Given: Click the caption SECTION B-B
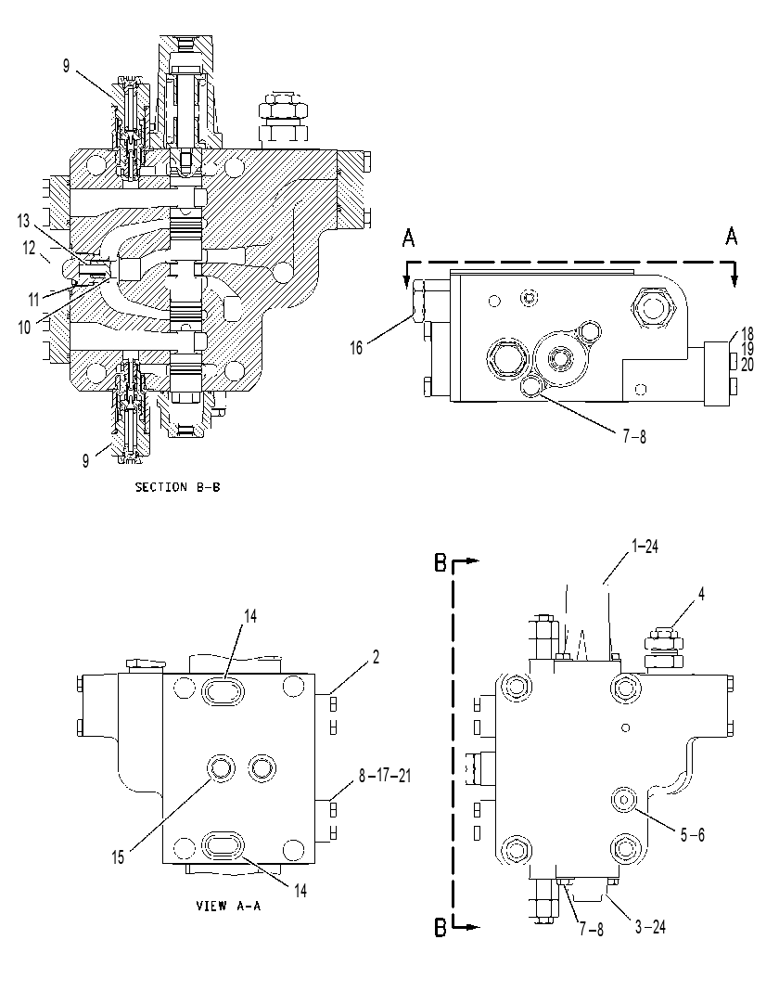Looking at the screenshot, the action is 177,487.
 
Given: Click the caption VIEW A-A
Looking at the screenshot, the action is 228,906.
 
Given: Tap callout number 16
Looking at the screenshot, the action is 356,348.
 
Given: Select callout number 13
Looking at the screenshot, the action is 24,222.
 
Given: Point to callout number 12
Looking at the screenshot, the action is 30,248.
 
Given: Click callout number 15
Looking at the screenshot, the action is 119,856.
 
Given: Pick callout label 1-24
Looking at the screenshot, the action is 645,547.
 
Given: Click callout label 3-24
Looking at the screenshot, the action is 650,927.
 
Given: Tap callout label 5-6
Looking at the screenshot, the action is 692,834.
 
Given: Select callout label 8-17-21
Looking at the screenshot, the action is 385,776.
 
